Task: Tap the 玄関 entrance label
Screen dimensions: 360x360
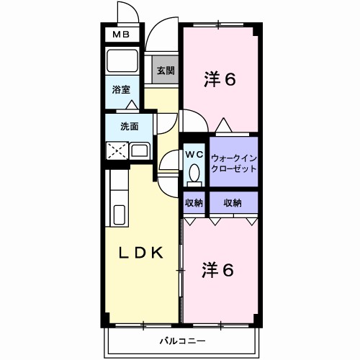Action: point(165,71)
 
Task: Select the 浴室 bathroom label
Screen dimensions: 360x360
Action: point(120,89)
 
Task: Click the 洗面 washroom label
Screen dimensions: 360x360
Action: point(129,127)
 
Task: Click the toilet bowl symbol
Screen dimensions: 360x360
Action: point(194,173)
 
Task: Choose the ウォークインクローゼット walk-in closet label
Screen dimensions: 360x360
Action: point(233,163)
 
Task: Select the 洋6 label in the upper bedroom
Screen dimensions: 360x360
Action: point(219,80)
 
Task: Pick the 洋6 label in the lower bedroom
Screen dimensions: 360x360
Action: point(218,270)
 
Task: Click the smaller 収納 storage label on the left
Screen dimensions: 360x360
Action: point(194,203)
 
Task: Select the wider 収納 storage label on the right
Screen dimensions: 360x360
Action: point(232,203)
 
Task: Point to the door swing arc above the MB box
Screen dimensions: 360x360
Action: point(126,12)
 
